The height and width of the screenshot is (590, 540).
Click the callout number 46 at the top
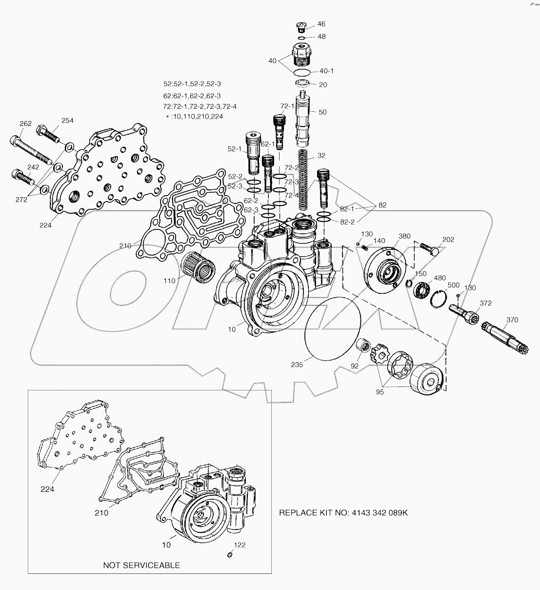coord(321,24)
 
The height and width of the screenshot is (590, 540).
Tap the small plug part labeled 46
coord(301,26)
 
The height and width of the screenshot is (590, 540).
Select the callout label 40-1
coord(326,71)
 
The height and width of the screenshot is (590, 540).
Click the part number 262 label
coord(25,124)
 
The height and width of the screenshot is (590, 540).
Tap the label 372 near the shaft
coord(485,303)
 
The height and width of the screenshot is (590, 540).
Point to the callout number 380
coord(404,236)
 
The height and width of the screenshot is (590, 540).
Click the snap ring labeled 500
coord(439,298)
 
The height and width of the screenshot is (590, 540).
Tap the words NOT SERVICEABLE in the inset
coord(141,565)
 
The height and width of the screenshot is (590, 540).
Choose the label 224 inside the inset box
coord(47,489)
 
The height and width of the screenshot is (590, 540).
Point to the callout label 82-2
coord(347,222)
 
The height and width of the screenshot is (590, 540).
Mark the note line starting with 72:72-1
coord(200,106)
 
